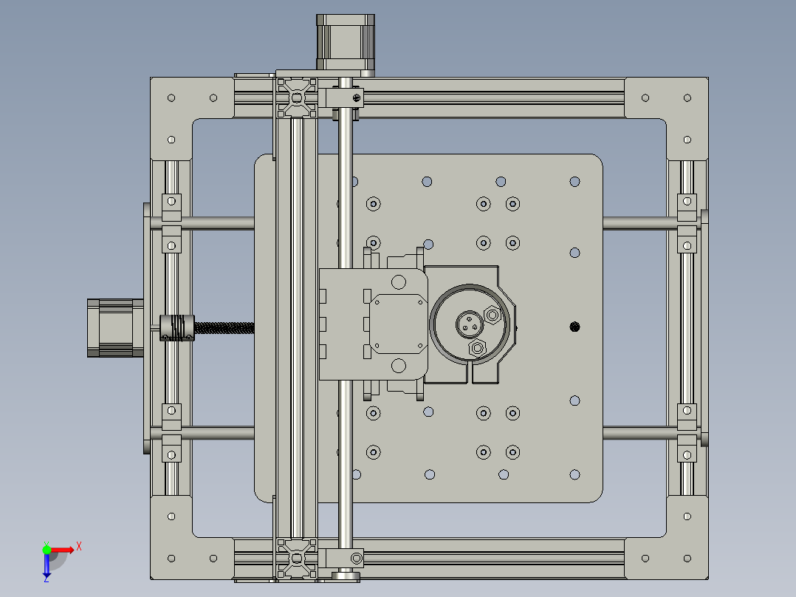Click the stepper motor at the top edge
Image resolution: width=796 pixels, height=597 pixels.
tap(346, 44)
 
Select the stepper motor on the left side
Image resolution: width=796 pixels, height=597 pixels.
tap(115, 327)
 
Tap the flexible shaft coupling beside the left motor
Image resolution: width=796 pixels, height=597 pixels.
tap(176, 327)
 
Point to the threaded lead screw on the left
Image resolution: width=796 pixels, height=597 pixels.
tap(225, 327)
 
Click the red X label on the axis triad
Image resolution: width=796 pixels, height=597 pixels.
tap(79, 546)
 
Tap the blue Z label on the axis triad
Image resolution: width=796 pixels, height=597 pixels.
tap(46, 579)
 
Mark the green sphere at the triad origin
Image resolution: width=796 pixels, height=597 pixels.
tap(47, 549)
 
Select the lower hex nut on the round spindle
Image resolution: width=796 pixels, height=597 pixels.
tap(478, 347)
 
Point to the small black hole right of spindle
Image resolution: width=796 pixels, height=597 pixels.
tap(575, 326)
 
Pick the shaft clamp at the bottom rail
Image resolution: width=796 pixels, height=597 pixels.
tap(347, 557)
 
